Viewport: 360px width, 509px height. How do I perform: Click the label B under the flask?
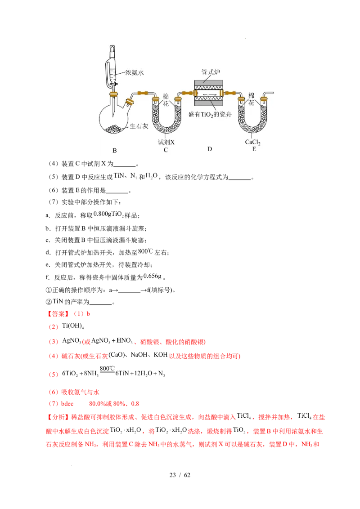click(x=114, y=151)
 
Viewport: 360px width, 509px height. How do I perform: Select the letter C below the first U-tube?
click(x=166, y=150)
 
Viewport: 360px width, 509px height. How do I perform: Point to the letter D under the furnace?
click(x=210, y=149)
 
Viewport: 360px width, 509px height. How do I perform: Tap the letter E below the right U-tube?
click(x=254, y=149)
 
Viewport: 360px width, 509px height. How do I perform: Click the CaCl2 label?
click(x=253, y=142)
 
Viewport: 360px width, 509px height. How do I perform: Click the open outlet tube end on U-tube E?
click(x=273, y=94)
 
